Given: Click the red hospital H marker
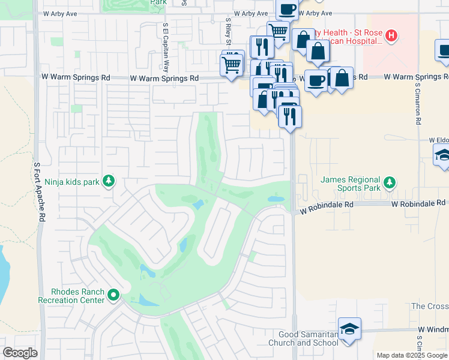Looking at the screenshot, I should (391, 36).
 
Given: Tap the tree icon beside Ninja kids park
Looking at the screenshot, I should (109, 181).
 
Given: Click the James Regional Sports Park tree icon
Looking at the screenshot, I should (390, 181).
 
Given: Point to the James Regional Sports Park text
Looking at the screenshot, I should (351, 184).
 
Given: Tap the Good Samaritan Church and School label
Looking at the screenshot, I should (309, 338).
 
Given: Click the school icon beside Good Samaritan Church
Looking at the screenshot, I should (349, 329).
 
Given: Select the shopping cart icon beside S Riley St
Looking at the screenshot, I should (232, 63).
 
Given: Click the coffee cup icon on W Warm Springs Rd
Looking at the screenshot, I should (316, 79).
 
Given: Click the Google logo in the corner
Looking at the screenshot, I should (20, 353).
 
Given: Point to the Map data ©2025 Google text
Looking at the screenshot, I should (412, 355).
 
